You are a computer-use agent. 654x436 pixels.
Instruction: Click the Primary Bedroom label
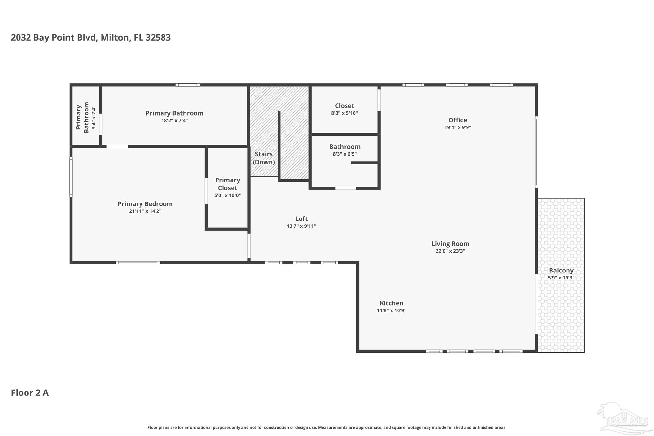tap(145, 204)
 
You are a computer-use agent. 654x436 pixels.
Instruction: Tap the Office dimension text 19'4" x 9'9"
tap(458, 127)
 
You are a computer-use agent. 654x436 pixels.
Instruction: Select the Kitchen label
tap(392, 303)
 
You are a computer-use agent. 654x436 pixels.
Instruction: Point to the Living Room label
tap(450, 244)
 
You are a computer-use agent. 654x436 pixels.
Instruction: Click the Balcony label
tap(561, 271)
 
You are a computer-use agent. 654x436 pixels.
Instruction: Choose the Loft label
tap(301, 219)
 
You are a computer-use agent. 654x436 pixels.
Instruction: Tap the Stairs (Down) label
tap(264, 158)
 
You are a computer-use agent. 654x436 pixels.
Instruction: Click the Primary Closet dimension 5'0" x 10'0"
tap(227, 195)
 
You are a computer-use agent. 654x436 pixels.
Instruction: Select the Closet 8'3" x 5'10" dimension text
tap(345, 113)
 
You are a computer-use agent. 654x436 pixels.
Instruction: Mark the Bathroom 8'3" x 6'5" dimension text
tap(345, 154)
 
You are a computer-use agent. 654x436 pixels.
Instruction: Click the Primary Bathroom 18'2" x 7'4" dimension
tap(174, 120)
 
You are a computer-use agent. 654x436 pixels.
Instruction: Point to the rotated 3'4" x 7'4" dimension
tap(94, 118)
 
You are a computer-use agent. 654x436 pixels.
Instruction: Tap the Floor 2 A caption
tap(30, 393)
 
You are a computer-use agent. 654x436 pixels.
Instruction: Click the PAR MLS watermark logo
tap(624, 420)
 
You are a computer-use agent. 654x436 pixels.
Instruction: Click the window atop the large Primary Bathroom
tap(187, 85)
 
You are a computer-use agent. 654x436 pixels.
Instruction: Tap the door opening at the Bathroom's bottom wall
tap(346, 188)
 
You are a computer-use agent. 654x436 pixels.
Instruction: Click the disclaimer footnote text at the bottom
tap(327, 427)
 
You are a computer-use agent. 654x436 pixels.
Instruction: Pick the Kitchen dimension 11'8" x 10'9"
tap(392, 310)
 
